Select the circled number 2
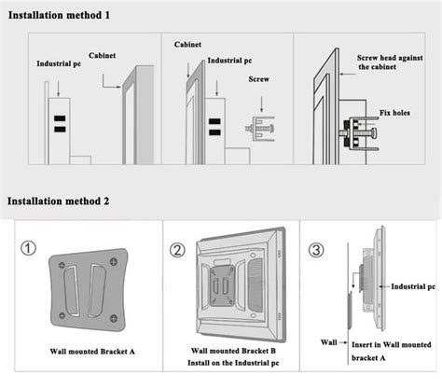tap(177, 250)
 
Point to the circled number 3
tap(318, 250)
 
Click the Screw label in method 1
tap(260, 106)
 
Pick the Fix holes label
tap(395, 114)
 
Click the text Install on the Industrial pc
tap(229, 365)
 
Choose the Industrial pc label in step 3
tap(411, 287)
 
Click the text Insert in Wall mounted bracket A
tap(392, 350)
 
